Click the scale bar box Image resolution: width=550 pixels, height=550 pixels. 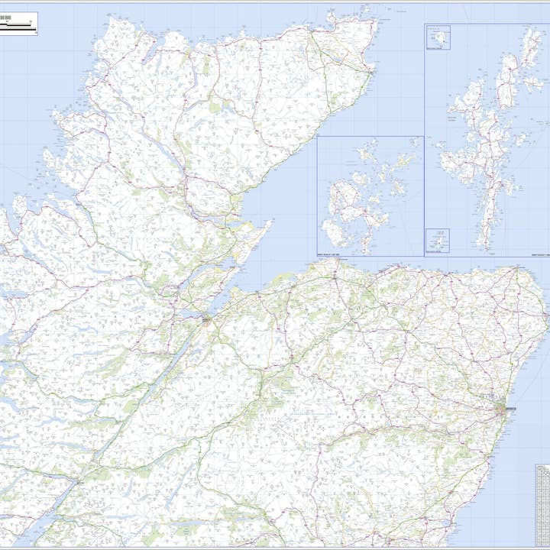pyautogui.click(x=20, y=24)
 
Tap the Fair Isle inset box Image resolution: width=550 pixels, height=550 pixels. pyautogui.click(x=438, y=239)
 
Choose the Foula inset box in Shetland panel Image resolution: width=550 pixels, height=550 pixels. pyautogui.click(x=438, y=37)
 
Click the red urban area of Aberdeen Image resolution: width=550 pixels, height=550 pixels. pyautogui.click(x=501, y=410)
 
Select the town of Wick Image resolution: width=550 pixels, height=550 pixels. pyautogui.click(x=368, y=73)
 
